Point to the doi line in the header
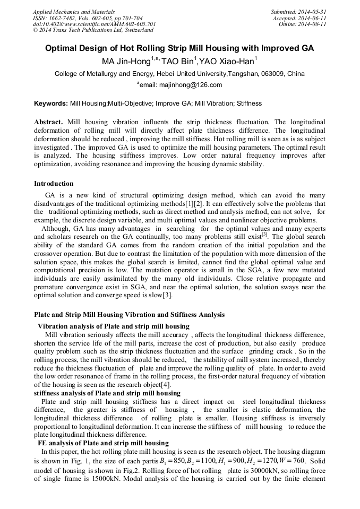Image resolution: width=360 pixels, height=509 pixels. pyautogui.click(x=94, y=24)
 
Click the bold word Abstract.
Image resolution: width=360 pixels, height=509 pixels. pyautogui.click(x=49, y=122)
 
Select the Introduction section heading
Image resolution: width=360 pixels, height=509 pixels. pyautogui.click(x=54, y=184)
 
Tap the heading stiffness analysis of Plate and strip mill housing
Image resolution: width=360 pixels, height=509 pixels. pyautogui.click(x=107, y=393)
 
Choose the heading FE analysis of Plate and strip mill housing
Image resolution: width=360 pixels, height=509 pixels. pyautogui.click(x=103, y=443)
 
